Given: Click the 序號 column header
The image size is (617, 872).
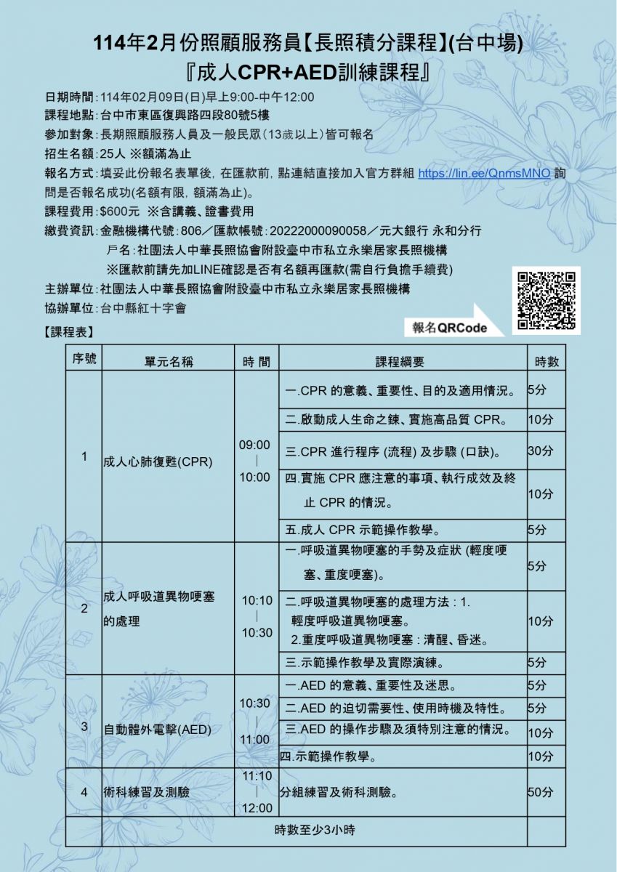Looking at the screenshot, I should pyautogui.click(x=84, y=359).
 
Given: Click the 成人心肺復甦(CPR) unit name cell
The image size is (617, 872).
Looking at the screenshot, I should pyautogui.click(x=158, y=461).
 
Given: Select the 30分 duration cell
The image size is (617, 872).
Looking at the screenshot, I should pyautogui.click(x=540, y=451).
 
